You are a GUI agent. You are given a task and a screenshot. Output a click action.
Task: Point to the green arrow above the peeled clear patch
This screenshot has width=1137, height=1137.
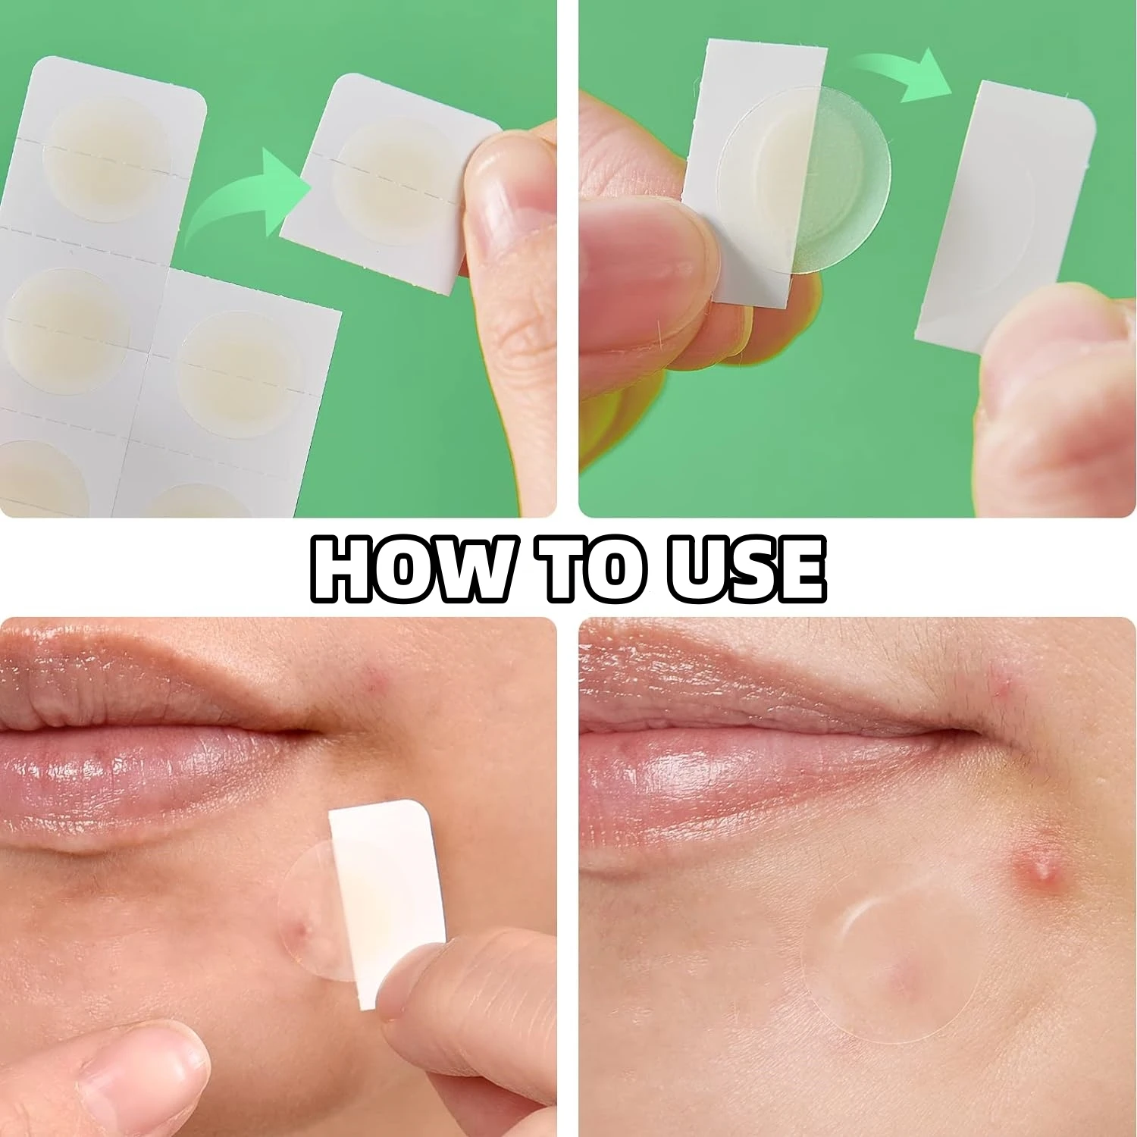coord(902,76)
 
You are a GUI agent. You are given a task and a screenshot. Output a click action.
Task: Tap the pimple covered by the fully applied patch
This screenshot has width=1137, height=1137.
coord(898,978)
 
